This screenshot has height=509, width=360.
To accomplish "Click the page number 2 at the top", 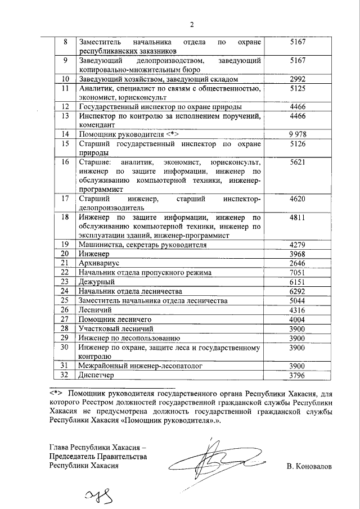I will pos(191,24).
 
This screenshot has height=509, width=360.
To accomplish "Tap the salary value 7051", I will pos(295,272).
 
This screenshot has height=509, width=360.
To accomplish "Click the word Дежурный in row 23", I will pos(97,281).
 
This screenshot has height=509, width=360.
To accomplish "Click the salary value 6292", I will pos(295,291).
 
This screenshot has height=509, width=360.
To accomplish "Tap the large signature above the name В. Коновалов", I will pos(214,458).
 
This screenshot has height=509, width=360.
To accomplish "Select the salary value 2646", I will pos(295,263).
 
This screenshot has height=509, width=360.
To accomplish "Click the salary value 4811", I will pos(295,217).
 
